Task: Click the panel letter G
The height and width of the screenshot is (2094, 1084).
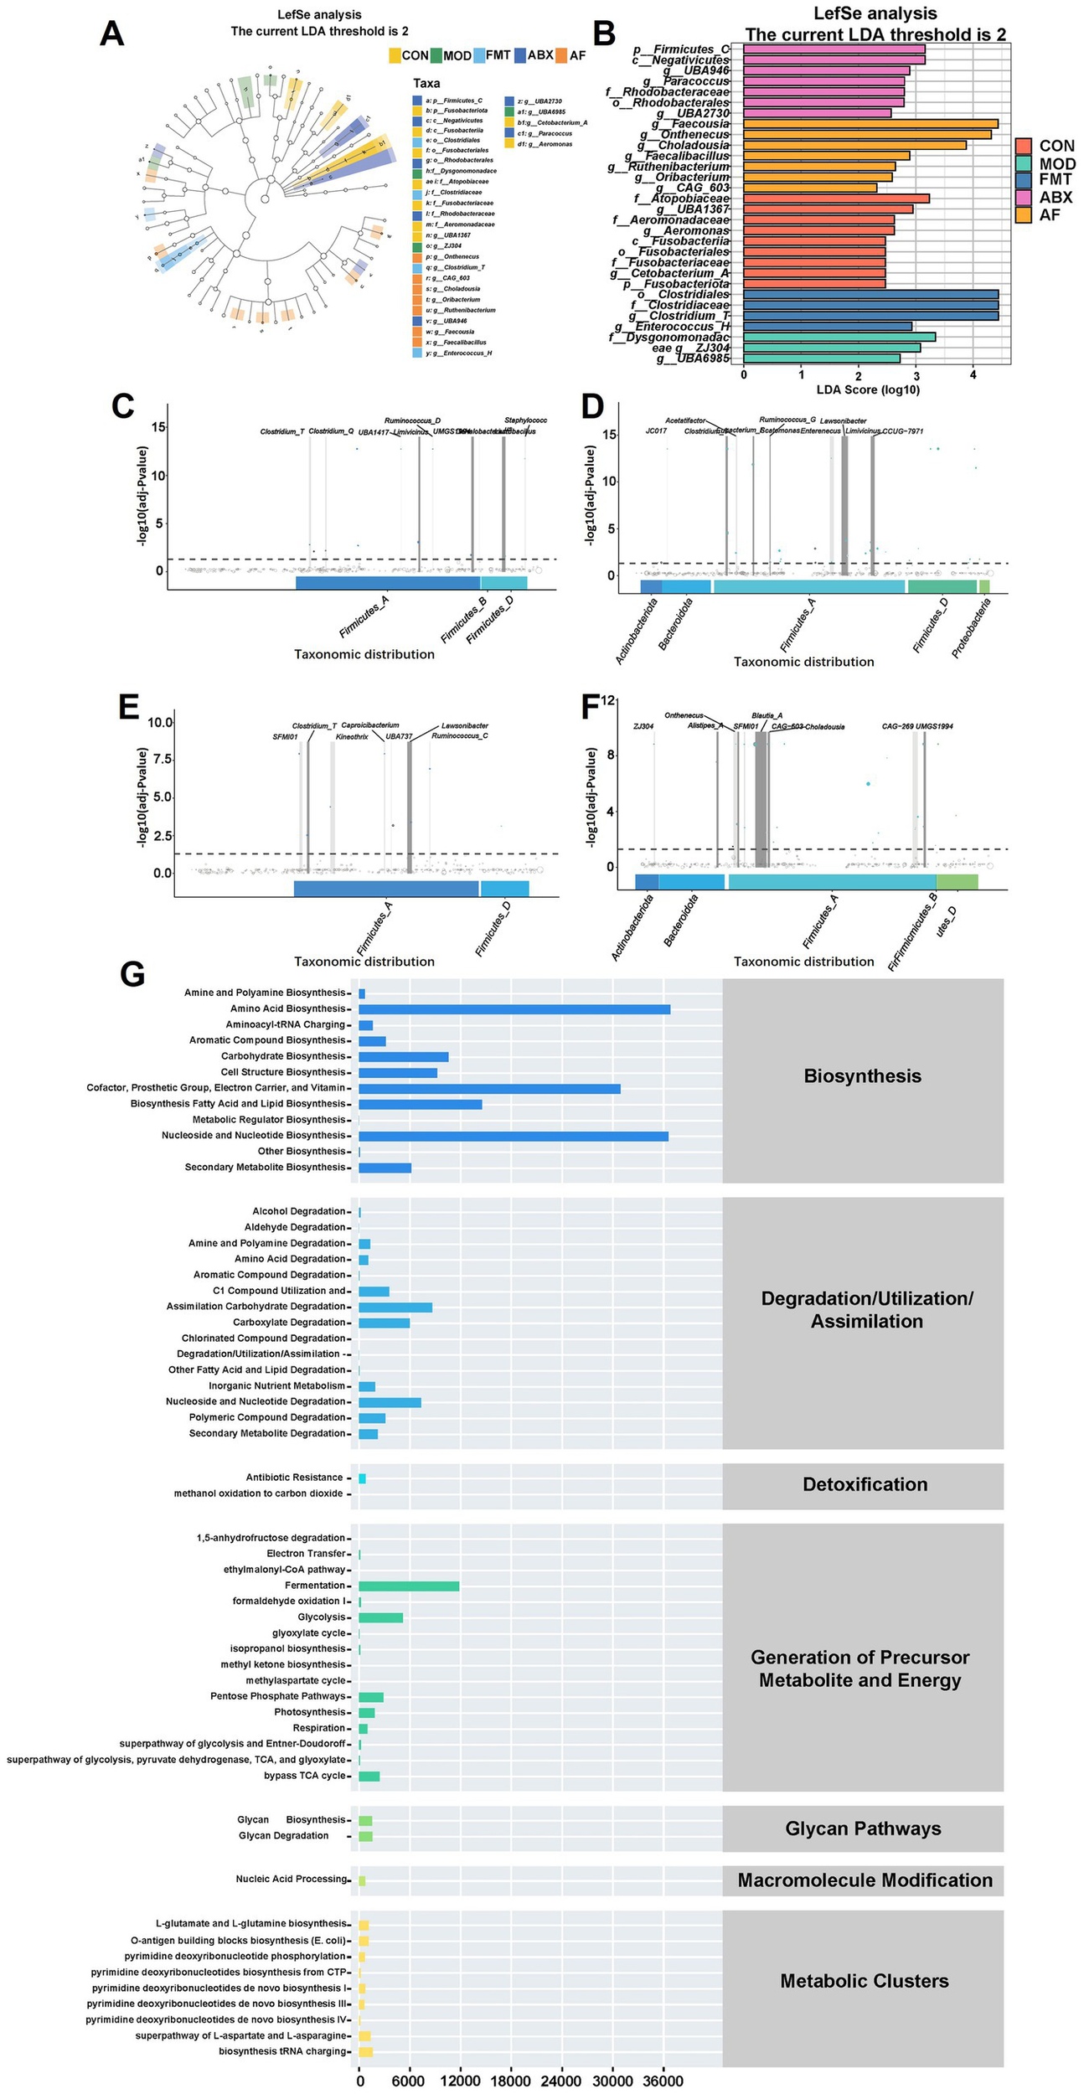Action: tap(132, 973)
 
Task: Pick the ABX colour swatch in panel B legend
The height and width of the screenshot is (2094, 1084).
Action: tap(1023, 198)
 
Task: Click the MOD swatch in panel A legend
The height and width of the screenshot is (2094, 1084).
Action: tap(436, 55)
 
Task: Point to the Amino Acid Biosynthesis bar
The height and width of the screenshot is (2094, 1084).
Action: tap(514, 1009)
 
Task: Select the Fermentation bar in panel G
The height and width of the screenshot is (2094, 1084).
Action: tap(409, 1586)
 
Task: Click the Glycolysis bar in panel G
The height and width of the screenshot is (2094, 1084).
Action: tap(380, 1617)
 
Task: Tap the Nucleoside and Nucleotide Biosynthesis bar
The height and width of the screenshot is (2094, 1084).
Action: tap(513, 1136)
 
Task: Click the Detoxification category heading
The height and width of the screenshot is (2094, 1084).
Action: tap(865, 1484)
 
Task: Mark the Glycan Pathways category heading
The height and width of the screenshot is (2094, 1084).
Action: tap(863, 1828)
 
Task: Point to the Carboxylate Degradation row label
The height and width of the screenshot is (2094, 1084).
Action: tap(289, 1322)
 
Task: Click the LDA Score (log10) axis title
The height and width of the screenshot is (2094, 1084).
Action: tap(868, 389)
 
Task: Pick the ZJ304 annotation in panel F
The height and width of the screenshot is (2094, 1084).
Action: tap(643, 727)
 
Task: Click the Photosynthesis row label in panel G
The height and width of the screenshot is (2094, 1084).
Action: tap(309, 1712)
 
